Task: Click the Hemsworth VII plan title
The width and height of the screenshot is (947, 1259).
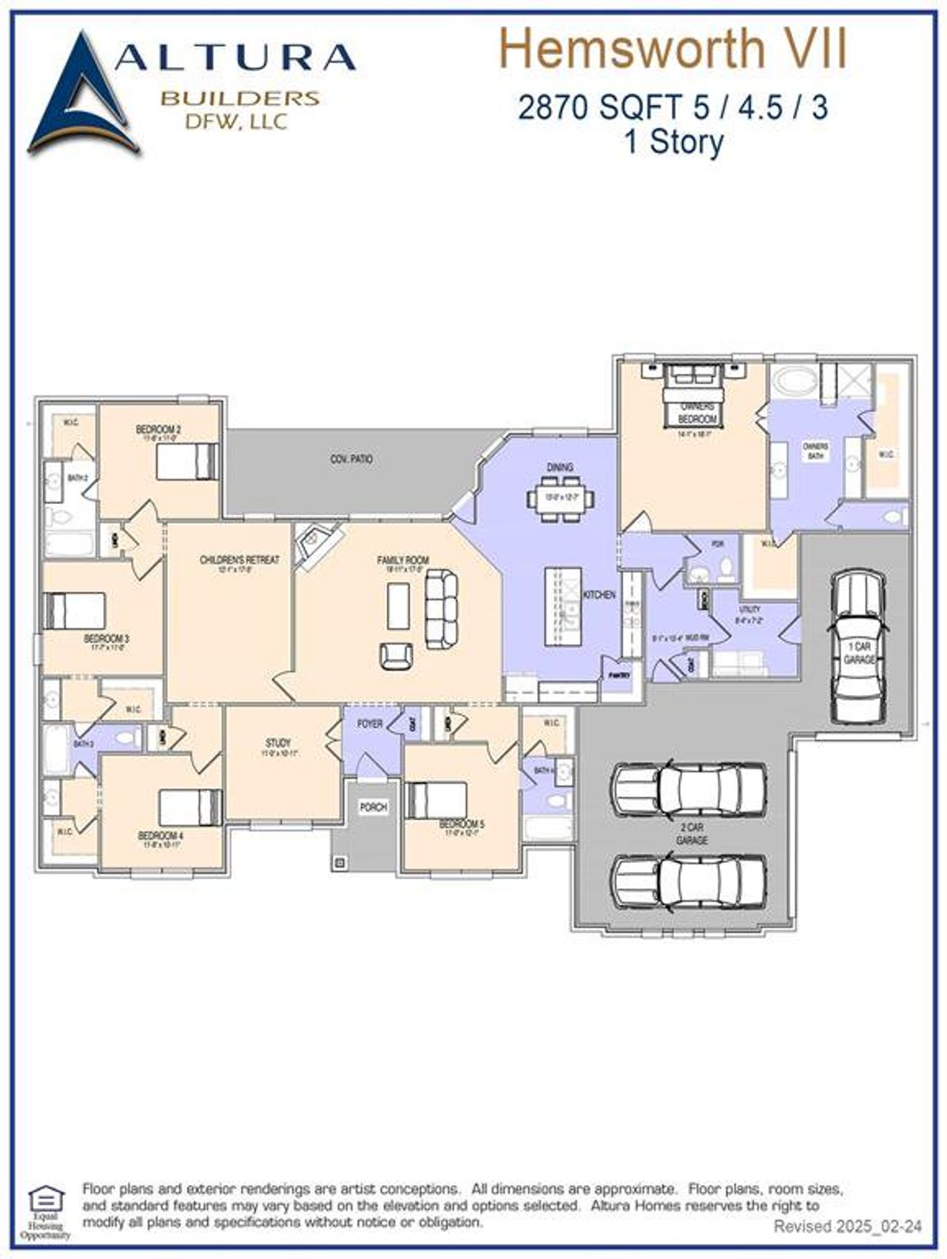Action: pyautogui.click(x=673, y=49)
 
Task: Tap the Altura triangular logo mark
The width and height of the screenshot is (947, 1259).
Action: pyautogui.click(x=83, y=96)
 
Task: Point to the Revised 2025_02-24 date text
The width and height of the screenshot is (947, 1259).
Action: pyautogui.click(x=848, y=1227)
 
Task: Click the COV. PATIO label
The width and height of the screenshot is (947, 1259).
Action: pyautogui.click(x=351, y=460)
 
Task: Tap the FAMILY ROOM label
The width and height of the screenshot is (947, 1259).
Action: pyautogui.click(x=403, y=560)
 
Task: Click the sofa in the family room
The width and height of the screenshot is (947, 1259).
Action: pyautogui.click(x=441, y=608)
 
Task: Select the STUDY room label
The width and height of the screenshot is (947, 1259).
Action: pyautogui.click(x=278, y=742)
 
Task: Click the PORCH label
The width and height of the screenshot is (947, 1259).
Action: pyautogui.click(x=373, y=807)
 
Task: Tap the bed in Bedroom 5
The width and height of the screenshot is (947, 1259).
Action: pyautogui.click(x=437, y=800)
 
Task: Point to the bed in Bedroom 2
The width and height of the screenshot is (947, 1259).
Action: pyautogui.click(x=188, y=461)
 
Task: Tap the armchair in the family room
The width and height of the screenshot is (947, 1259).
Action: pyautogui.click(x=397, y=655)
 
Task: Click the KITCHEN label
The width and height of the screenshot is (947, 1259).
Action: pyautogui.click(x=599, y=594)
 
